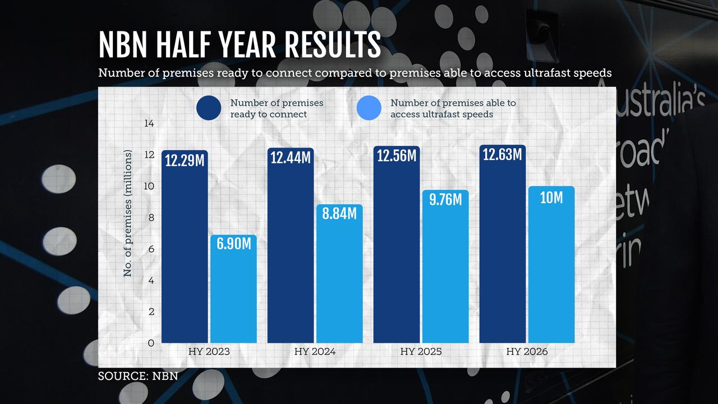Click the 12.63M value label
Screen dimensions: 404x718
502,154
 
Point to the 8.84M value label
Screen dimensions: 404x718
339,213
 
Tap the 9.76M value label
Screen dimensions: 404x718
445,199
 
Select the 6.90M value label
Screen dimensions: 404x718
233,244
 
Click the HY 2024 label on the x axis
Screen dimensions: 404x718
315,352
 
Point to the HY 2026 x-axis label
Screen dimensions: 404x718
527,352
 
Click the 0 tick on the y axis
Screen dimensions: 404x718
151,343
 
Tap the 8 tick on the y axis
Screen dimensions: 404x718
151,217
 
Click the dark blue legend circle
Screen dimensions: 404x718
209,108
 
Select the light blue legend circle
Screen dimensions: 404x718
369,108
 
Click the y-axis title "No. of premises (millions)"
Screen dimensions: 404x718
128,213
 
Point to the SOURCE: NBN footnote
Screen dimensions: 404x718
138,376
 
